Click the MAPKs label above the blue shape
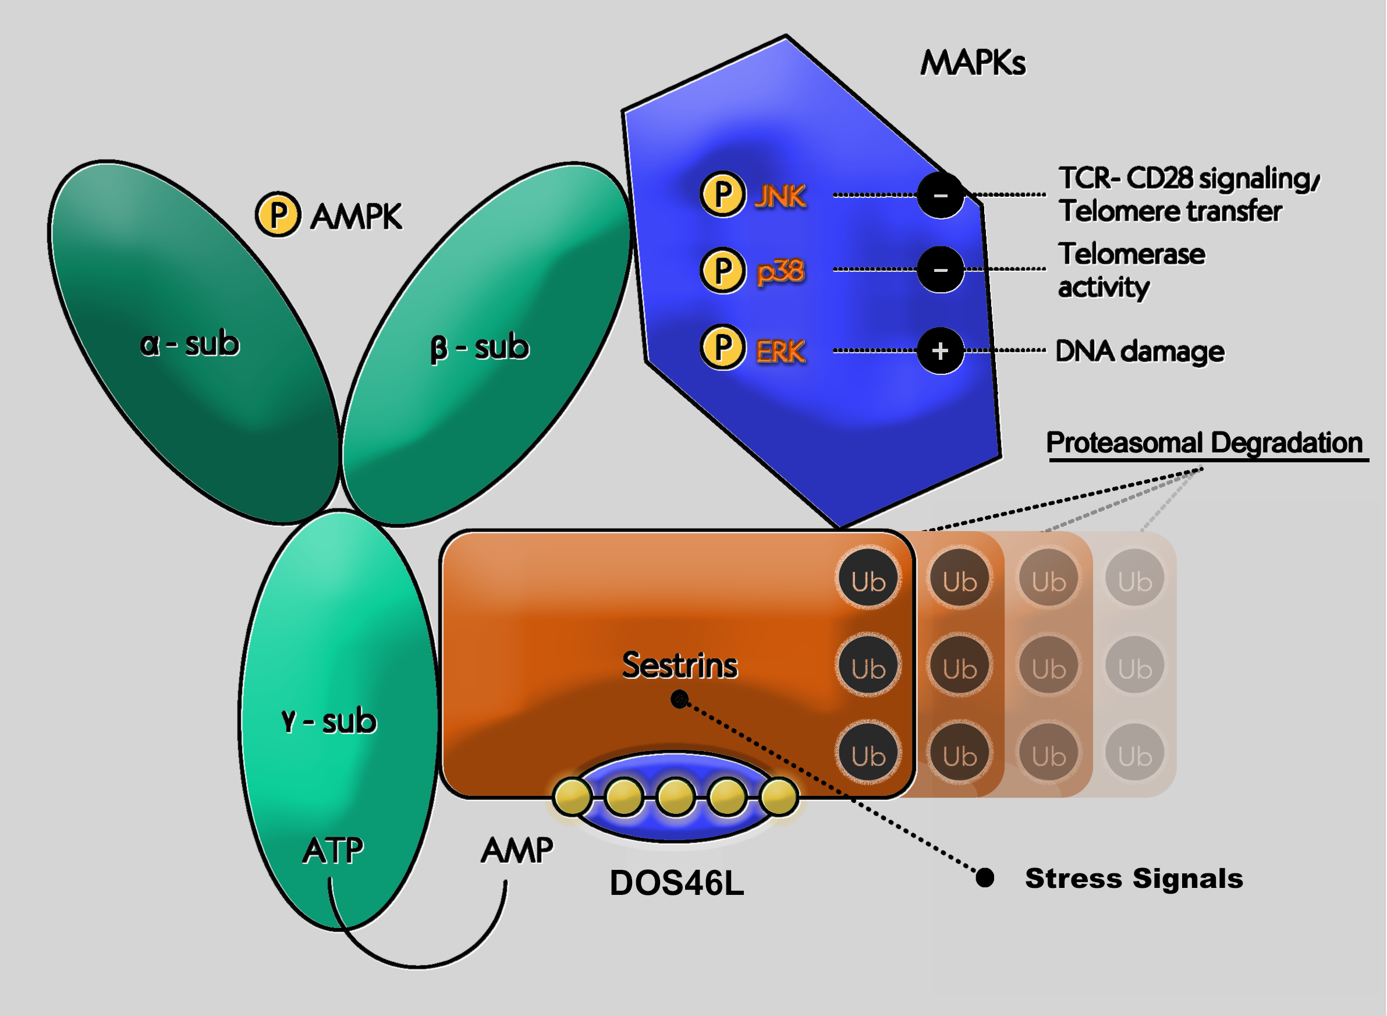pos(973,63)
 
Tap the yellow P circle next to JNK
pos(723,194)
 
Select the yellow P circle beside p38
pos(723,271)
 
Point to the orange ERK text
pos(780,351)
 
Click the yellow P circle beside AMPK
pos(278,215)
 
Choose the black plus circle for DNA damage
pos(940,351)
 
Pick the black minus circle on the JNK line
pos(940,196)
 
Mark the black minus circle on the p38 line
pos(940,270)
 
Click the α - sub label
pos(189,343)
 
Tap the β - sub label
pos(480,348)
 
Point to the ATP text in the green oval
pos(332,851)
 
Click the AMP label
pos(516,851)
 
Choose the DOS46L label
pos(676,883)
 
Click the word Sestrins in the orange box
pos(679,665)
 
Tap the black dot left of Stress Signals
pos(985,877)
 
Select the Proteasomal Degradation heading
pos(1204,443)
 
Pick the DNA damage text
pos(1140,351)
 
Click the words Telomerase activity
pos(1131,271)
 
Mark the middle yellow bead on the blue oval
pos(676,796)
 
